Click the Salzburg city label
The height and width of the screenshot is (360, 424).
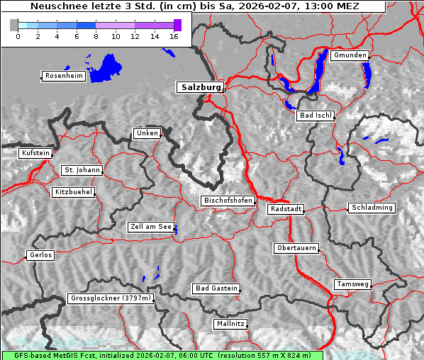tap(200, 87)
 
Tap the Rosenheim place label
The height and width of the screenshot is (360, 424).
tap(64, 76)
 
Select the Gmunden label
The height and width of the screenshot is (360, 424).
tap(350, 55)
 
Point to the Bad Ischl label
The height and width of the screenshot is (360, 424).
tap(316, 116)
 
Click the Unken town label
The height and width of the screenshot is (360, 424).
tap(147, 133)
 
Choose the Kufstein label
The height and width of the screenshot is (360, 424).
tap(35, 153)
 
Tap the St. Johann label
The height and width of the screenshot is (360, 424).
tap(82, 170)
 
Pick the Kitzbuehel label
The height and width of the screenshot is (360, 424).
tap(74, 192)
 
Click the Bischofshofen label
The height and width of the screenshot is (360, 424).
tap(228, 201)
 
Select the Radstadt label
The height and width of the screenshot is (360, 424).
tap(286, 209)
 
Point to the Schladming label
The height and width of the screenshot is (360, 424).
tap(371, 208)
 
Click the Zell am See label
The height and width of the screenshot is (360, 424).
tap(151, 227)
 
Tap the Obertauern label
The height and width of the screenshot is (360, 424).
tap(296, 248)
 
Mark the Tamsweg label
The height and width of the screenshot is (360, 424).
tap(352, 284)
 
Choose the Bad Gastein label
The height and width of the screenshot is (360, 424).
tap(216, 288)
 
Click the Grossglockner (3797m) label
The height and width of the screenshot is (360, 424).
tap(111, 298)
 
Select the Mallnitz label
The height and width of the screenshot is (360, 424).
tap(230, 324)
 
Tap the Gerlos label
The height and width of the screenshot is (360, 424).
tap(40, 255)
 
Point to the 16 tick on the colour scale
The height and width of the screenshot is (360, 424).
tap(173, 35)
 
